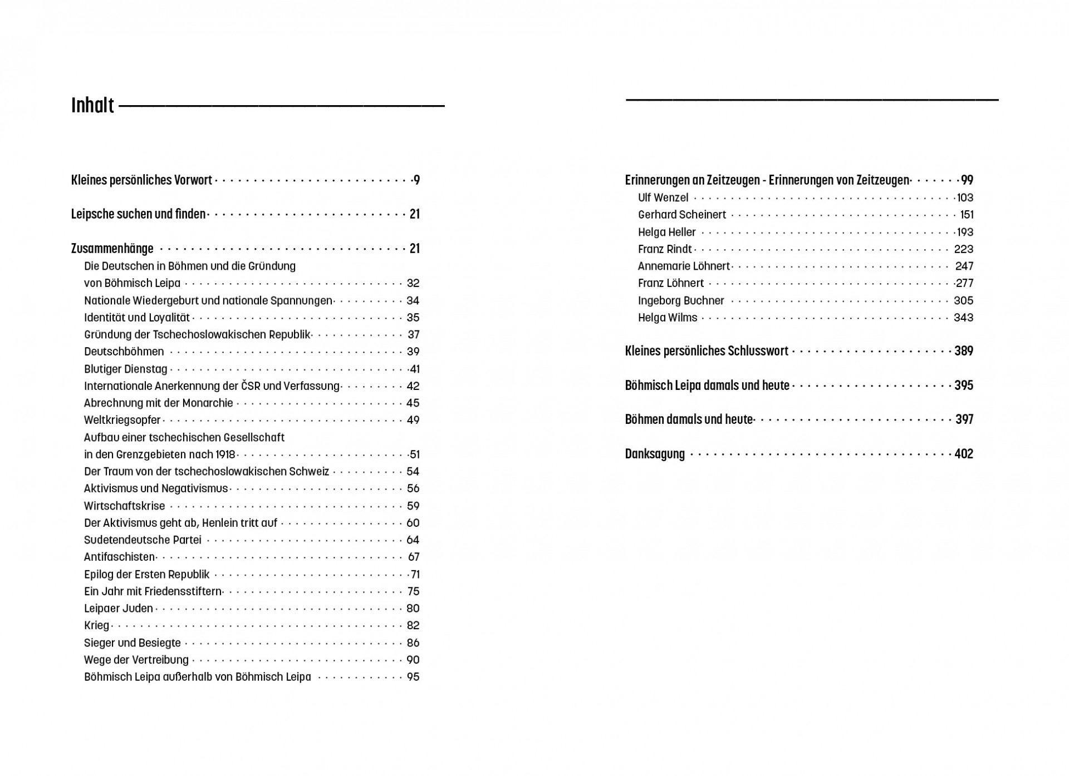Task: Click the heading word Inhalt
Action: tap(92, 105)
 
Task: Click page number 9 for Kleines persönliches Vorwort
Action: tap(416, 180)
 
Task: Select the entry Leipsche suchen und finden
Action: tap(138, 214)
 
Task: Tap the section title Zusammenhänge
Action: tap(112, 248)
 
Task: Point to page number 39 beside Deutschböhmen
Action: tap(413, 352)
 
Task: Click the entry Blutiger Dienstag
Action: tap(125, 369)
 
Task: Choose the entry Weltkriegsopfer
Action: tap(122, 420)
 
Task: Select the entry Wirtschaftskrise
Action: tap(124, 506)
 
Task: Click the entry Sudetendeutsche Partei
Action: tap(143, 540)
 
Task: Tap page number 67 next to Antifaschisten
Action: tap(413, 557)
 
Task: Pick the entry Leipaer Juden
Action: tap(118, 608)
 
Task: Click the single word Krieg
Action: tap(96, 625)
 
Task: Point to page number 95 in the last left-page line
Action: tap(413, 677)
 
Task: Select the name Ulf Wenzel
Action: tap(663, 197)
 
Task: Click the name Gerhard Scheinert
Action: tap(681, 215)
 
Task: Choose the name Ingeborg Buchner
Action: tap(680, 300)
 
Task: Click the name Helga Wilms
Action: tap(667, 318)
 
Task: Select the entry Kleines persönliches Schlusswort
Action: tap(706, 351)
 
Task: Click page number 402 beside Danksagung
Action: tap(963, 454)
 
